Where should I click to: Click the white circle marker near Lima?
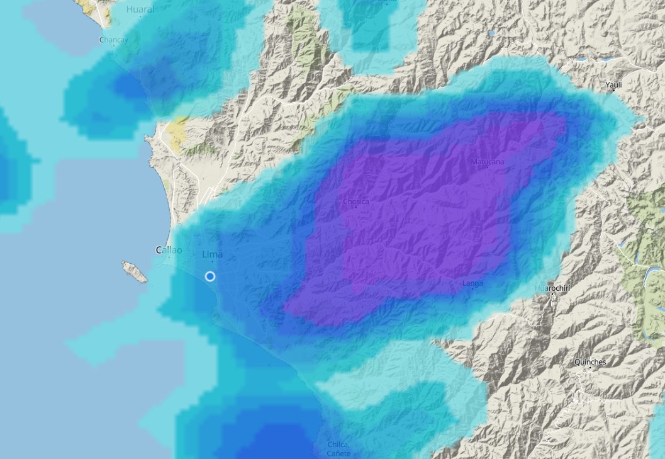click(x=210, y=276)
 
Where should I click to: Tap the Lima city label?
click(x=213, y=254)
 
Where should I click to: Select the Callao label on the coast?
click(x=169, y=250)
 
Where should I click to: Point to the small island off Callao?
click(x=135, y=271)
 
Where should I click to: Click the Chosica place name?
click(x=356, y=201)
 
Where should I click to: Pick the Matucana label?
click(x=488, y=162)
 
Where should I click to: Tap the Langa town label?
click(x=473, y=283)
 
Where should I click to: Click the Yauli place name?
click(x=613, y=84)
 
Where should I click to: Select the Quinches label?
click(x=590, y=362)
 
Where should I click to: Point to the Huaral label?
click(x=140, y=9)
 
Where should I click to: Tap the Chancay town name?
click(x=114, y=40)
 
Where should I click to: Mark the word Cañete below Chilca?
click(x=338, y=453)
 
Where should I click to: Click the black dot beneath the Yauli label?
click(x=614, y=91)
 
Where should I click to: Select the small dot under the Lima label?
click(x=213, y=261)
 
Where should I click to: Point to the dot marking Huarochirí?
click(x=552, y=294)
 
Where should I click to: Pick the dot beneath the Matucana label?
click(x=488, y=169)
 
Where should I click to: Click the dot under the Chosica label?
click(x=355, y=208)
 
